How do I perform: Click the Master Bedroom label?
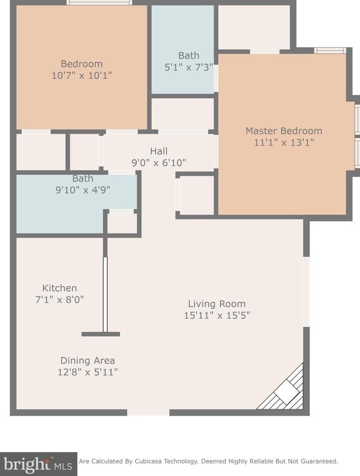[x=283, y=131]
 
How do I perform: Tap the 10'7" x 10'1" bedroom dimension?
[x=82, y=75]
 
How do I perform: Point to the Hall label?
[x=158, y=151]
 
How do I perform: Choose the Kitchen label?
[x=59, y=288]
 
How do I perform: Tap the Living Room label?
[x=216, y=304]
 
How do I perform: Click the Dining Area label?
[x=87, y=361]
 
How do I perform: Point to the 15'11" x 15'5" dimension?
[x=216, y=315]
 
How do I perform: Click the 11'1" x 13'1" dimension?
[x=283, y=142]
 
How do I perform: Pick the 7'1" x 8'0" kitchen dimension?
[x=59, y=299]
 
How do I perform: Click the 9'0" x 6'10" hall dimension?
[x=158, y=163]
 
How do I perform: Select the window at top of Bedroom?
[x=99, y=2]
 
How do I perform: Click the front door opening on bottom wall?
[x=148, y=412]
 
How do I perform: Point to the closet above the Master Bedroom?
[x=254, y=27]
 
